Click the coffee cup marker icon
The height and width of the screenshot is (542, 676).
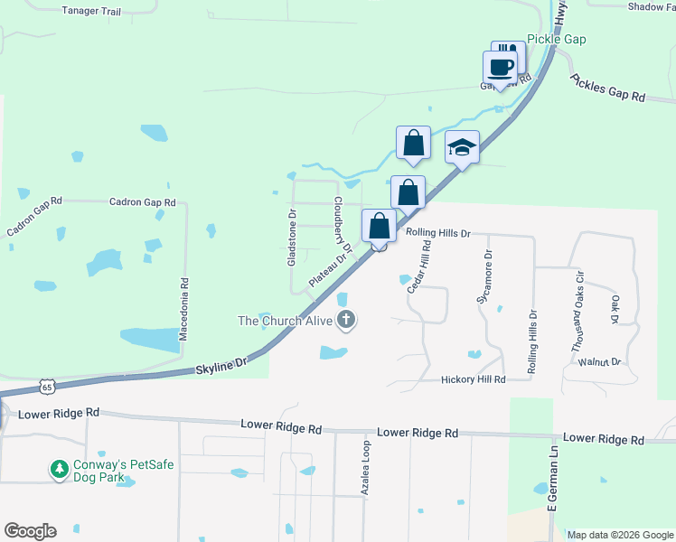click(500, 66)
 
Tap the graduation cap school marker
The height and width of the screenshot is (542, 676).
click(462, 147)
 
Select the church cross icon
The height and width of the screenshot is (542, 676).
click(345, 319)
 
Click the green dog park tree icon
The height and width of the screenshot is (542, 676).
click(59, 470)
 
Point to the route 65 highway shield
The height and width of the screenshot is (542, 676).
click(46, 387)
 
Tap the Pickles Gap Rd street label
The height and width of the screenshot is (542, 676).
click(608, 88)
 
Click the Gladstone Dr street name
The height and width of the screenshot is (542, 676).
click(291, 238)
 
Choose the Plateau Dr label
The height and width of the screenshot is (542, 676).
click(329, 268)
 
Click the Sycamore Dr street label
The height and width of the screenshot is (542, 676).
click(484, 276)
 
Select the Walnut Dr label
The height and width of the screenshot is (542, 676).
click(600, 361)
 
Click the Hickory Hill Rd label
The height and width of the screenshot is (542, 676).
click(473, 380)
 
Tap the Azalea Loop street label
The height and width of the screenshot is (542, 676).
click(366, 470)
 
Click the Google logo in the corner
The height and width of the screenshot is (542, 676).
click(30, 531)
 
